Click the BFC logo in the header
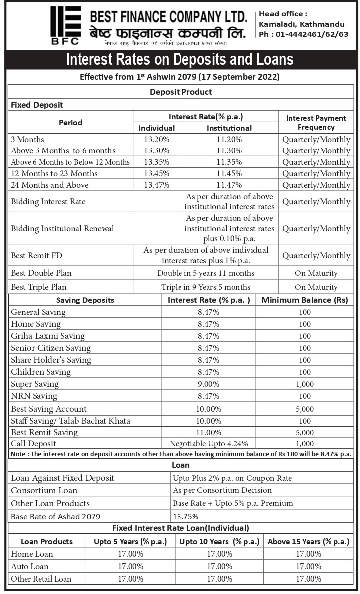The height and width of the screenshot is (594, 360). pyautogui.click(x=65, y=25)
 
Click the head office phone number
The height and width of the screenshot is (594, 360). pyautogui.click(x=303, y=34)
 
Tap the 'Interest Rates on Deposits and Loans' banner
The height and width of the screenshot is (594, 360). pyautogui.click(x=180, y=60)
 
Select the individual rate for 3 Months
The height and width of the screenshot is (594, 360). pyautogui.click(x=157, y=140)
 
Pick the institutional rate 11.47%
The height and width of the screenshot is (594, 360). pyautogui.click(x=229, y=185)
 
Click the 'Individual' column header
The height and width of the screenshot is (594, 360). pyautogui.click(x=157, y=128)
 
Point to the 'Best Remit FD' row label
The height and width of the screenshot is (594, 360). pyautogui.click(x=30, y=256)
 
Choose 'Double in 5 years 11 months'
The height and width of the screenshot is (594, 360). pyautogui.click(x=205, y=273)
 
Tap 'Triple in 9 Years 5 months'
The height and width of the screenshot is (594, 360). pyautogui.click(x=205, y=287)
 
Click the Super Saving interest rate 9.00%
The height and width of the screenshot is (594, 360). pyautogui.click(x=208, y=384)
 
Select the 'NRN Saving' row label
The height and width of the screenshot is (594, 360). pyautogui.click(x=34, y=396)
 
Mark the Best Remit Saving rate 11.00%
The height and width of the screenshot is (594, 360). pyautogui.click(x=208, y=432)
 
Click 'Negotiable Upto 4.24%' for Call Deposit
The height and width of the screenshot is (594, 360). pyautogui.click(x=208, y=444)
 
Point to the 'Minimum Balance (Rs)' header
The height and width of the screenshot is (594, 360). pyautogui.click(x=304, y=300)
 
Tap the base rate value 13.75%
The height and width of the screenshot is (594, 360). pyautogui.click(x=185, y=517)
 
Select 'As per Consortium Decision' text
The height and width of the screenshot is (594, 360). pyautogui.click(x=222, y=491)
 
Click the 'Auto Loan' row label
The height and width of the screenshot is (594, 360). pyautogui.click(x=30, y=566)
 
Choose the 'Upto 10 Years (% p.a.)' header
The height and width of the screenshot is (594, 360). pyautogui.click(x=219, y=542)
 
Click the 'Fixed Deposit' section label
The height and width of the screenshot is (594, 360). pyautogui.click(x=37, y=105)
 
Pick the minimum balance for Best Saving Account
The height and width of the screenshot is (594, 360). pyautogui.click(x=305, y=409)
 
